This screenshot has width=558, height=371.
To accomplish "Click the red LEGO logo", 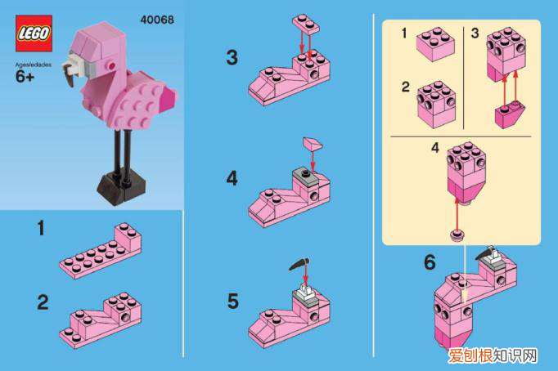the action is pyautogui.click(x=34, y=34).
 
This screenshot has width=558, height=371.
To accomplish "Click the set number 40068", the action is pyautogui.click(x=157, y=20).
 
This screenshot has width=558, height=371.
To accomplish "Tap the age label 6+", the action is pyautogui.click(x=25, y=76).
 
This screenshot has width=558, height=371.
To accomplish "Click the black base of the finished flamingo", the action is pyautogui.click(x=121, y=187).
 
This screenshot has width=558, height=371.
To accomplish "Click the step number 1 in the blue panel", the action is pyautogui.click(x=41, y=228).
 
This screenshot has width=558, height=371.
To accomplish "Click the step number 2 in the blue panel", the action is pyautogui.click(x=43, y=302).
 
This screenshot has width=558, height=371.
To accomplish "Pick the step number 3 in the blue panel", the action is pyautogui.click(x=232, y=57).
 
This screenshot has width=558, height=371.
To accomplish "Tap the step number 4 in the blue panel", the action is pyautogui.click(x=232, y=178).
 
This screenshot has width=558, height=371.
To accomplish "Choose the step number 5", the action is pyautogui.click(x=232, y=302).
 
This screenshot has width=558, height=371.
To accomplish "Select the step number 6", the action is pyautogui.click(x=430, y=262).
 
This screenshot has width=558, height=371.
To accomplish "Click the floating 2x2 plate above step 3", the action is pyautogui.click(x=306, y=24).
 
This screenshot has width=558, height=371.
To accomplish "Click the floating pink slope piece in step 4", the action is pyautogui.click(x=313, y=144).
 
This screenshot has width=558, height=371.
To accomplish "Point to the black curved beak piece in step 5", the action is pyautogui.click(x=299, y=265).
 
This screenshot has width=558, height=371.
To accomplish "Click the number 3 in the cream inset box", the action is pyautogui.click(x=475, y=34).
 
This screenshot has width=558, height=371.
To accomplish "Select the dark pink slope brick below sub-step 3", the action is pyautogui.click(x=509, y=114).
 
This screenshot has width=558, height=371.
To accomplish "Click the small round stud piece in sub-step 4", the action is pyautogui.click(x=457, y=235).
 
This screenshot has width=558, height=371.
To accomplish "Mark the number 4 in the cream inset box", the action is pyautogui.click(x=435, y=148).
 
